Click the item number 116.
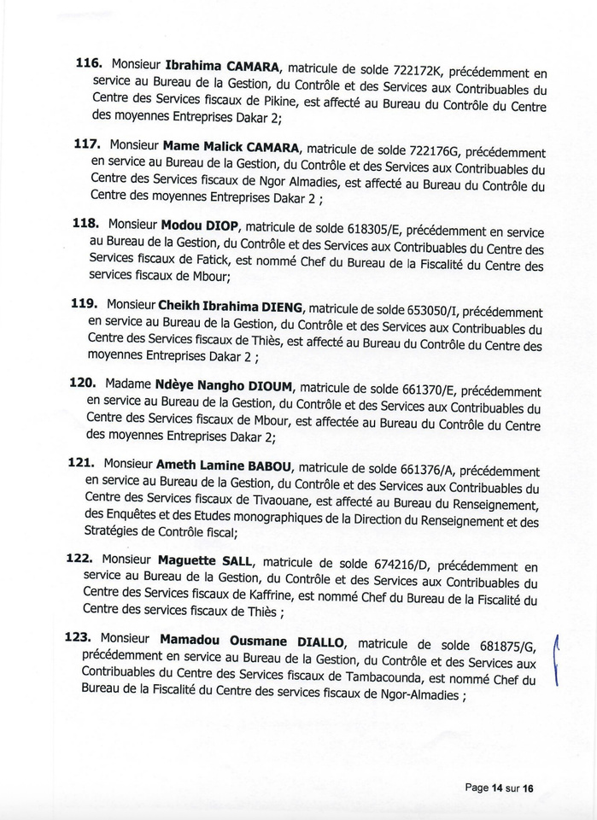point(90,63)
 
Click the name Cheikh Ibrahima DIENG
point(226,307)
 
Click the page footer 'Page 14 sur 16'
point(499,788)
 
